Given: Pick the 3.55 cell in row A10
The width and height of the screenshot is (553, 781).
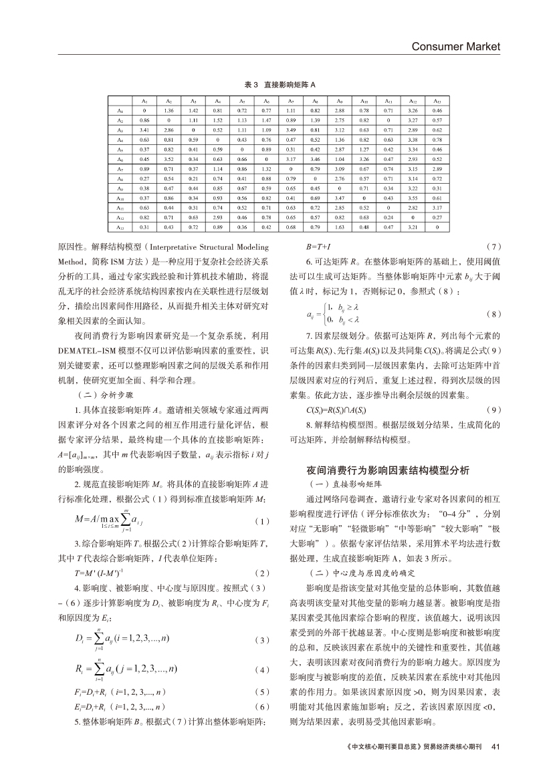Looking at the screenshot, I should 413,198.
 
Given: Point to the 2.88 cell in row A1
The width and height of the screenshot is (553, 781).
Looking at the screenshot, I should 339,110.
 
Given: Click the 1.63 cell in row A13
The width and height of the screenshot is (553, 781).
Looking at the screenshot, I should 339,228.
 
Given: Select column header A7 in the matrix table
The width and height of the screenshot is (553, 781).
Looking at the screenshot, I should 291,100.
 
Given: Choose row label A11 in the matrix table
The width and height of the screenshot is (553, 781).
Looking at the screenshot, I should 120,208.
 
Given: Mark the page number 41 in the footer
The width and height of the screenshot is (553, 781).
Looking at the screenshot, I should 495,764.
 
